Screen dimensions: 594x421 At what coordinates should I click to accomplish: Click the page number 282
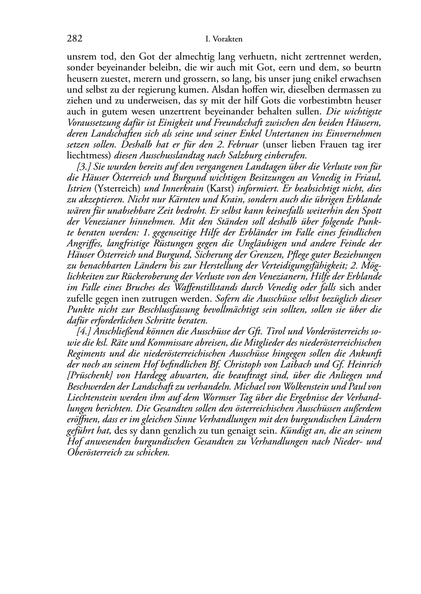(74, 39)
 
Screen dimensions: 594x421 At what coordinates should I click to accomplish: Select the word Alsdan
(226, 89)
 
